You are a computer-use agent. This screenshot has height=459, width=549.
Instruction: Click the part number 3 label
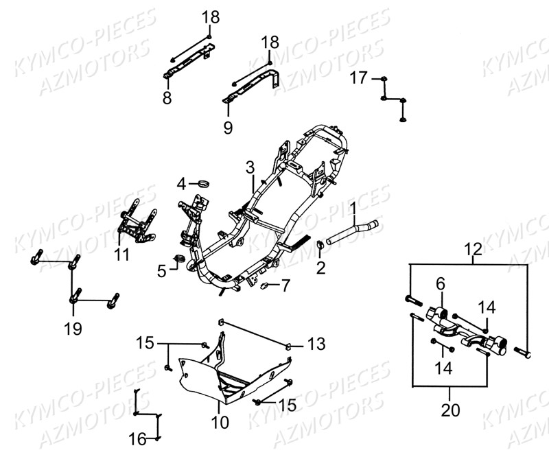[250, 167]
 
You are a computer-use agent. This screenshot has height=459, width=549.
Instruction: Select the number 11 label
[121, 255]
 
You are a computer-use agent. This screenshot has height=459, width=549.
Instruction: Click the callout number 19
[73, 328]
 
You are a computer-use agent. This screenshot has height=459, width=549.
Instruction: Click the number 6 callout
[440, 283]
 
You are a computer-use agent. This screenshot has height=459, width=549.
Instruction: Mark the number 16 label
[138, 438]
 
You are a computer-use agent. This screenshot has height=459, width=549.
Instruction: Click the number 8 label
[167, 98]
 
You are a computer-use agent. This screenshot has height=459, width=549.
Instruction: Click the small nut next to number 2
[321, 245]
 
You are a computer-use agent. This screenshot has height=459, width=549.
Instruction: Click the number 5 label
[162, 271]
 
